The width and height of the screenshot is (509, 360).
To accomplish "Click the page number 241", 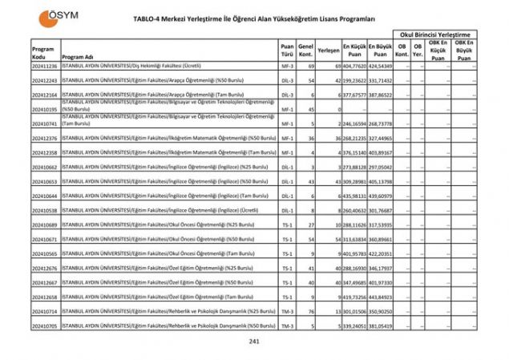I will coord(255,342).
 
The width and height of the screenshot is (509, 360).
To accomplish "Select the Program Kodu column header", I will coord(42,53).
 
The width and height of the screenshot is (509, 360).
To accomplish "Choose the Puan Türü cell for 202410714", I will coord(287,312).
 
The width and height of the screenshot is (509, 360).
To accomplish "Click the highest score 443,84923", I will coord(382,297).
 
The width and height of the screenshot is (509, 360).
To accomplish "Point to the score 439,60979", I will coord(382,196).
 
